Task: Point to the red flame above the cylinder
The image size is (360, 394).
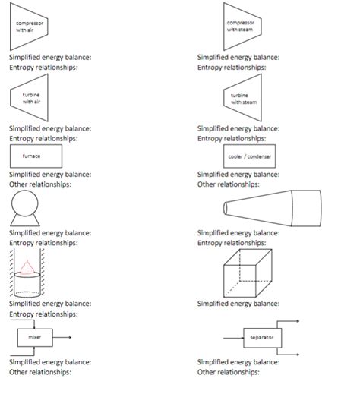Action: pos(27,268)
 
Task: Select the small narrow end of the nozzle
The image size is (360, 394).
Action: pos(225,208)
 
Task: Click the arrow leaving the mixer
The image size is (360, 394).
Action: pos(62,337)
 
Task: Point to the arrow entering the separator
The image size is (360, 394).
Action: pos(233,338)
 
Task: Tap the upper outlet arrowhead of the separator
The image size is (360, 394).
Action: pos(298,321)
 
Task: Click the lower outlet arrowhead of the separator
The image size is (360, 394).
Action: pos(298,355)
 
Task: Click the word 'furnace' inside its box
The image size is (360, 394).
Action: pos(31,156)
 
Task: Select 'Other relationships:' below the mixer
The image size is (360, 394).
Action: pos(40,372)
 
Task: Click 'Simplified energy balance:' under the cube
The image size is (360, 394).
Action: pos(238,304)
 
